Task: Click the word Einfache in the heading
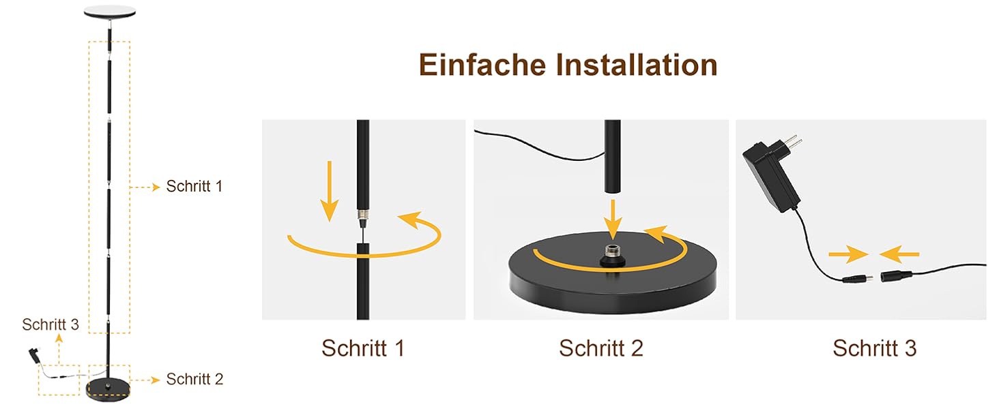tap(482, 65)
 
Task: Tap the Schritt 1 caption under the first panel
tap(363, 348)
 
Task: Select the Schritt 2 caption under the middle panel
tap(601, 348)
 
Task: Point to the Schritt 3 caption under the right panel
tap(875, 348)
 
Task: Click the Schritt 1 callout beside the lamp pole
tap(194, 186)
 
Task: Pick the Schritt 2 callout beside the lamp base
tap(194, 379)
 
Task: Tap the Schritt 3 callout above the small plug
tap(50, 324)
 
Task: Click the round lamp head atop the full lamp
tap(110, 12)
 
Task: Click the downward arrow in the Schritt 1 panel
tap(330, 191)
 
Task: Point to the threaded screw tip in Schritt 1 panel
tap(363, 221)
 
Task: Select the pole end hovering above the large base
tap(612, 156)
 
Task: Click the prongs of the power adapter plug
tap(790, 142)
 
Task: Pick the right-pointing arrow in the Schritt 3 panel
tap(849, 254)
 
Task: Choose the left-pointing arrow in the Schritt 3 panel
tap(899, 254)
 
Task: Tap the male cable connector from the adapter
tap(858, 279)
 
